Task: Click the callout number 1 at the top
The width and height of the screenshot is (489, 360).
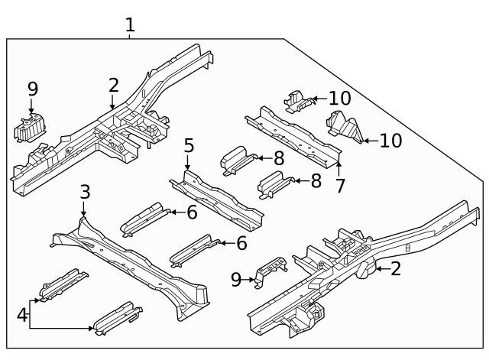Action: tap(130, 24)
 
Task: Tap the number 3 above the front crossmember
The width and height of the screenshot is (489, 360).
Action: tap(85, 191)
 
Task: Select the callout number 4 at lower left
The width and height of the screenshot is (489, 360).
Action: tap(22, 315)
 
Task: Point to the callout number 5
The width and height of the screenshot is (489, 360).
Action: tap(189, 145)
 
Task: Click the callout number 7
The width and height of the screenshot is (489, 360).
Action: tap(341, 184)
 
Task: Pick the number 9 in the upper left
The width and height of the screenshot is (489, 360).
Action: tap(32, 89)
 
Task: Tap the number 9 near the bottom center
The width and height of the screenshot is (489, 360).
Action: tap(237, 281)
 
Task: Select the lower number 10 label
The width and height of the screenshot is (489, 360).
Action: tap(390, 141)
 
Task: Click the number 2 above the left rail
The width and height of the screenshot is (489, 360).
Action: tap(114, 86)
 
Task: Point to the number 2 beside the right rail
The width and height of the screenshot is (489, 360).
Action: tap(396, 268)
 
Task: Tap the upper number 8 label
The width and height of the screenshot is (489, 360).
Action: tap(279, 158)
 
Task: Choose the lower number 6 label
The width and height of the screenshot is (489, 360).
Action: tap(241, 243)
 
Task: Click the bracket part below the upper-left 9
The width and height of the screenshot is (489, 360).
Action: tap(31, 128)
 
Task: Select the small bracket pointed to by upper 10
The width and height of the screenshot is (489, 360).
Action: tap(296, 100)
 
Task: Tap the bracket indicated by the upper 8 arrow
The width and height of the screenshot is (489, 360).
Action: tap(235, 160)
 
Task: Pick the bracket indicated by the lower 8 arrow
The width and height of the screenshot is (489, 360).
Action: tap(274, 184)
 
